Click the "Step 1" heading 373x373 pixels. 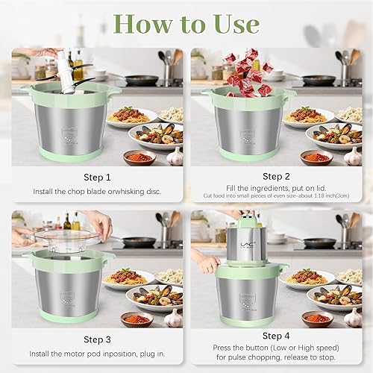pos(97,178)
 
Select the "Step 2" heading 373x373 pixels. pos(276,178)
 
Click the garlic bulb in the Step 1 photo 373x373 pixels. pos(174,156)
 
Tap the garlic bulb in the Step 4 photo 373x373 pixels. pos(352,319)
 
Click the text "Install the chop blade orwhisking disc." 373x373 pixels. pos(97,192)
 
